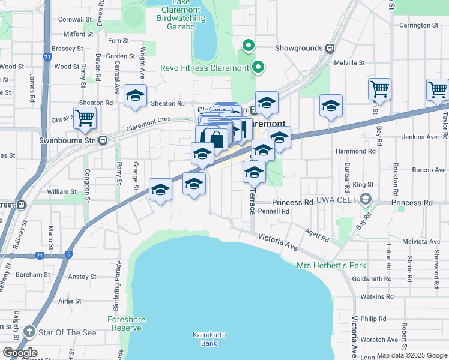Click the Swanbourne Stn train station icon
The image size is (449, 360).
(103, 140)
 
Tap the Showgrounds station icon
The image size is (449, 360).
(330, 48)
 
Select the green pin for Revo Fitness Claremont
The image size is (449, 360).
(258, 67)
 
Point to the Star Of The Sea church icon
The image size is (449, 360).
(29, 332)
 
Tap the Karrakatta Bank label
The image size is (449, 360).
(205, 339)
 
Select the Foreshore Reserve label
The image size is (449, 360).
(125, 323)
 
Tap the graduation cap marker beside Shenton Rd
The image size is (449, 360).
(136, 95)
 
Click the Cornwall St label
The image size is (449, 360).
(74, 19)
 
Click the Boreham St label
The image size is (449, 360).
(34, 274)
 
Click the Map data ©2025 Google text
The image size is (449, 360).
(412, 355)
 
